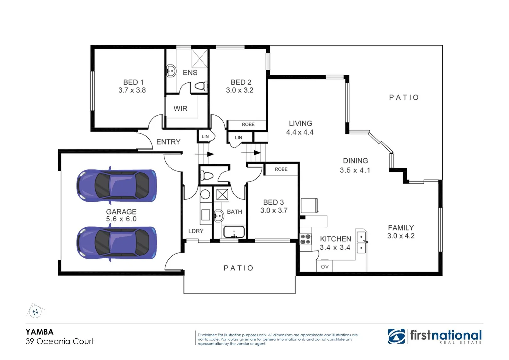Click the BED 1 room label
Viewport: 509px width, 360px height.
pyautogui.click(x=133, y=82)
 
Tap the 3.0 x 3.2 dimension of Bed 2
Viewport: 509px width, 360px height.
pyautogui.click(x=239, y=90)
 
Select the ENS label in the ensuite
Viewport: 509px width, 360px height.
pyautogui.click(x=190, y=72)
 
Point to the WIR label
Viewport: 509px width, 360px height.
pyautogui.click(x=180, y=109)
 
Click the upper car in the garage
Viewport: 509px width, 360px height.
pyautogui.click(x=116, y=185)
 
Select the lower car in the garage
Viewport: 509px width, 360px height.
pyautogui.click(x=116, y=243)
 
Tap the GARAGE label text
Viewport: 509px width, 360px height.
pyautogui.click(x=121, y=212)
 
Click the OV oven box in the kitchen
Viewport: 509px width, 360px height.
pyautogui.click(x=325, y=267)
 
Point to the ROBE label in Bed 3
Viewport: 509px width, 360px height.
pyautogui.click(x=281, y=169)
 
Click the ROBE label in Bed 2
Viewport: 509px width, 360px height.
pyautogui.click(x=248, y=124)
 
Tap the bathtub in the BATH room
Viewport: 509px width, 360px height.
pyautogui.click(x=234, y=232)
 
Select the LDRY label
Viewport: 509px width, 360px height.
pyautogui.click(x=196, y=231)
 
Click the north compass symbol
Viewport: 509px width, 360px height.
pyautogui.click(x=35, y=312)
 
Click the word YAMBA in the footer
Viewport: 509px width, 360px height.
pyautogui.click(x=39, y=332)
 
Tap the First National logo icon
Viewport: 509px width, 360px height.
pyautogui.click(x=396, y=336)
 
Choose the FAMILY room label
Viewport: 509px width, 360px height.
pyautogui.click(x=401, y=228)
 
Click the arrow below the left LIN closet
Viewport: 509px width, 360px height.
pyautogui.click(x=204, y=154)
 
